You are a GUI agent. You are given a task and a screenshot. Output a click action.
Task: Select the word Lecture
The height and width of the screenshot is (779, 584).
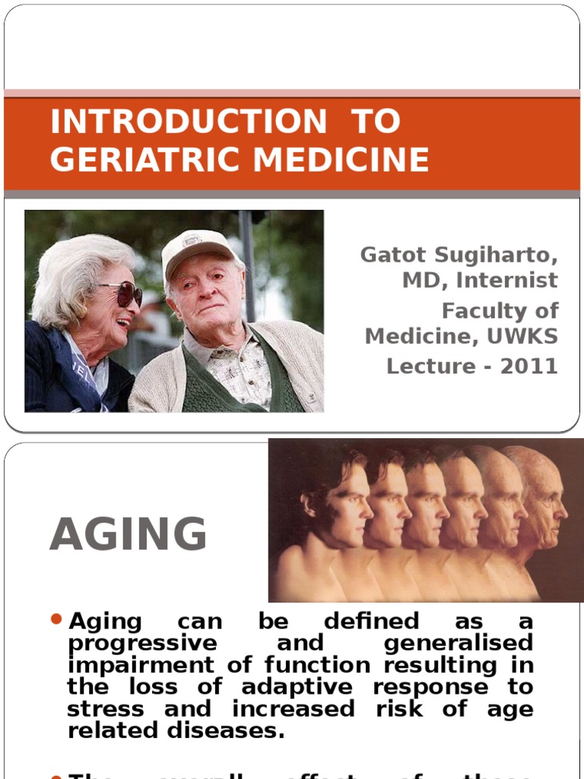(x=427, y=366)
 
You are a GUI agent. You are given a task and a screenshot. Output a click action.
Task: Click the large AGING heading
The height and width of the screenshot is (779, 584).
(x=129, y=534)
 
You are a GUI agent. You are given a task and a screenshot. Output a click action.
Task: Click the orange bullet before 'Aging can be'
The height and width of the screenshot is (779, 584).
(x=56, y=620)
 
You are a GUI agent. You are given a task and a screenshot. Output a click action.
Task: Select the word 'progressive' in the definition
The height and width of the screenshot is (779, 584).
(x=142, y=644)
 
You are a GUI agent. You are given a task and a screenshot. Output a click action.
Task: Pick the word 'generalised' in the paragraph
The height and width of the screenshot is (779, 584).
(x=459, y=644)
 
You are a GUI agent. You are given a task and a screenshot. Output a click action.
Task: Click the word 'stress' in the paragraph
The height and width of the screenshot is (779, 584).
(x=106, y=710)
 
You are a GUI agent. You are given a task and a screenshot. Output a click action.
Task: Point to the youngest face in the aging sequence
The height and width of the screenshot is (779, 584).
(x=342, y=502)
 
